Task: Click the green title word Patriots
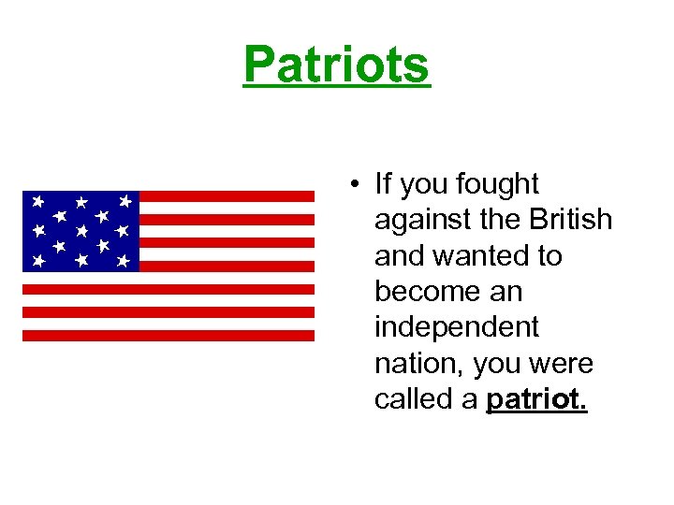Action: [337, 65]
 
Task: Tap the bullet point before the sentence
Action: [358, 185]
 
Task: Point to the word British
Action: [570, 221]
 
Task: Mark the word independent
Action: [457, 327]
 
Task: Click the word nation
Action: [418, 363]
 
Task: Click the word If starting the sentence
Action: [383, 185]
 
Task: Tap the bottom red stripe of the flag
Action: [168, 335]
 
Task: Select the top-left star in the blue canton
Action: [37, 200]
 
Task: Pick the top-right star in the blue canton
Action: [125, 200]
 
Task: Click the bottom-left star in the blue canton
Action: [38, 260]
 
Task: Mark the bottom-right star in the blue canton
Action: [123, 262]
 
